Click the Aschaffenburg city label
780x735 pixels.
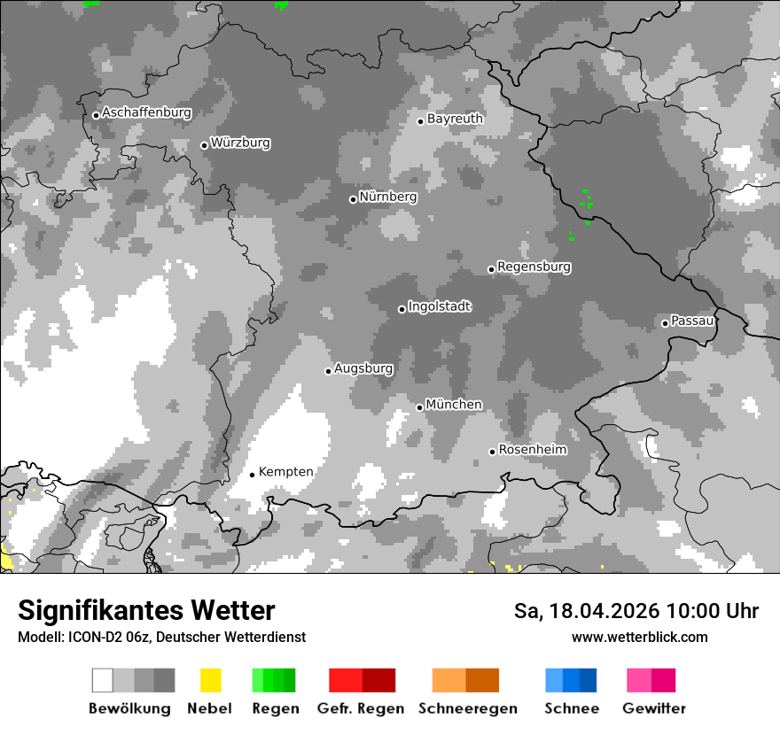[146, 112]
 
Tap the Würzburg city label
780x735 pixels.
[240, 143]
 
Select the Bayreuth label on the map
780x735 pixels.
[455, 119]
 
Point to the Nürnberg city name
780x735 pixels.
[387, 197]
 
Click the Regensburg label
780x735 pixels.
[534, 267]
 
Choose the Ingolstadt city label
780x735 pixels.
[439, 306]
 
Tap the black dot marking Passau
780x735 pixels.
[665, 323]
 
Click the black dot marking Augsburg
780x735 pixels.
[328, 371]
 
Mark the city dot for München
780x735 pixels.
[420, 407]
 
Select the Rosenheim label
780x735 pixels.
[532, 450]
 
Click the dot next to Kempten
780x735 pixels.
[252, 475]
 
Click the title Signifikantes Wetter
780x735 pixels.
[146, 610]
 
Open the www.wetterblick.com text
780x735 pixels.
[639, 637]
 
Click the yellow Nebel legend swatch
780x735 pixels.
[210, 680]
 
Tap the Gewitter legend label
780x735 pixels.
[654, 708]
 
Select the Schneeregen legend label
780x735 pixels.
[468, 708]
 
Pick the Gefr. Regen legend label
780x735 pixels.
[361, 708]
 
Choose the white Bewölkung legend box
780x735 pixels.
[103, 680]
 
